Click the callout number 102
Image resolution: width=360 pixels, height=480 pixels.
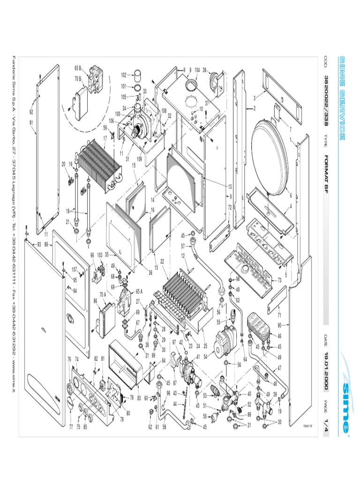click(x=124, y=75)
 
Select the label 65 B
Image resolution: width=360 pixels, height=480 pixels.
click(x=78, y=67)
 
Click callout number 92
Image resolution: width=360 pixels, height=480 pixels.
click(x=31, y=112)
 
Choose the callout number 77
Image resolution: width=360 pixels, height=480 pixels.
click(x=71, y=427)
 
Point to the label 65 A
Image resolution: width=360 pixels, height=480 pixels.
click(x=139, y=291)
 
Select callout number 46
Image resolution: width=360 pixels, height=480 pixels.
click(x=280, y=336)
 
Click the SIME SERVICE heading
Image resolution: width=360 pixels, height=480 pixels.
click(x=343, y=98)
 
